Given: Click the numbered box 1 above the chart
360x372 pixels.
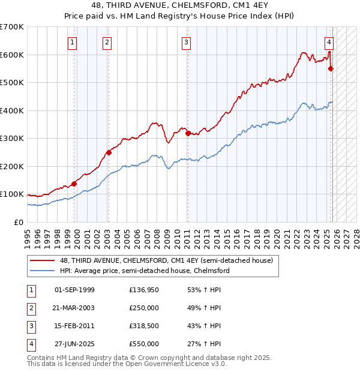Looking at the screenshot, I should click(x=72, y=42).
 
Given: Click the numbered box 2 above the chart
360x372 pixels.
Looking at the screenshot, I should click(x=106, y=42).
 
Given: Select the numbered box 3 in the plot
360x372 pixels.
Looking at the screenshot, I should click(x=187, y=42).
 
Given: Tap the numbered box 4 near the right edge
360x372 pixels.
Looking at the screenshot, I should click(x=329, y=42).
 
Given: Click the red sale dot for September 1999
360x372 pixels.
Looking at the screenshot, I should click(x=74, y=184).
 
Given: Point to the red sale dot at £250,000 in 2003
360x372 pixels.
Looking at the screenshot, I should click(x=109, y=152).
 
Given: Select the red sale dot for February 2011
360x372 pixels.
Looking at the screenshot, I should click(x=188, y=133).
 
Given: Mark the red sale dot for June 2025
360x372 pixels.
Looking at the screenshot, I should click(x=331, y=69).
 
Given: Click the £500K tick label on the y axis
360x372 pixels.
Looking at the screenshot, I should click(x=12, y=82).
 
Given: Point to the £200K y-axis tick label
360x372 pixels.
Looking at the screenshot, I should click(x=12, y=166).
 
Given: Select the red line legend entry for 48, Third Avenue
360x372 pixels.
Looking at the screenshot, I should click(x=166, y=260).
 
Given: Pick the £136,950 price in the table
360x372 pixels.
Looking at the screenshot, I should click(x=144, y=290).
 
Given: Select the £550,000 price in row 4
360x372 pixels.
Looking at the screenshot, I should click(x=144, y=344).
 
